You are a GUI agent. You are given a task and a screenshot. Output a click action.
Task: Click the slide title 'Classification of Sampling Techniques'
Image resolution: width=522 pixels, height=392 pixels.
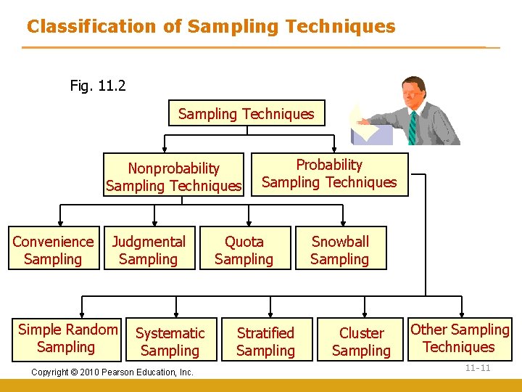(x=211, y=27)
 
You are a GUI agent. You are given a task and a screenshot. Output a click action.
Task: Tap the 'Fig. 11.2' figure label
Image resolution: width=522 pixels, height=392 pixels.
(x=98, y=86)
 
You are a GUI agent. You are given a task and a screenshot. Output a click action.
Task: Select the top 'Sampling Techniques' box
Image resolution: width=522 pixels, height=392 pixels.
(x=246, y=113)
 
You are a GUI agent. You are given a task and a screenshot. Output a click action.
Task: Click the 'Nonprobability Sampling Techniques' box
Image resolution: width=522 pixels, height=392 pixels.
(x=174, y=176)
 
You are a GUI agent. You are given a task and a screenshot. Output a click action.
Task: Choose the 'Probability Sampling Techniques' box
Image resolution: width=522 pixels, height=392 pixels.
(x=329, y=173)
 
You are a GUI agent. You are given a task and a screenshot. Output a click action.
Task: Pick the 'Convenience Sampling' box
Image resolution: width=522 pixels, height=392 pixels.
(x=53, y=250)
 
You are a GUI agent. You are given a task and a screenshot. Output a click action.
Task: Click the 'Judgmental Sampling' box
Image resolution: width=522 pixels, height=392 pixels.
(x=149, y=250)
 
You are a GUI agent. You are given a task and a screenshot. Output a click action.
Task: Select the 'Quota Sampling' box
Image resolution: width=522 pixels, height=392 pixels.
(x=244, y=250)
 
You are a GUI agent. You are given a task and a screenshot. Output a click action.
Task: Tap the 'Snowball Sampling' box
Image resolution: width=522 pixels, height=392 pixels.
(x=340, y=250)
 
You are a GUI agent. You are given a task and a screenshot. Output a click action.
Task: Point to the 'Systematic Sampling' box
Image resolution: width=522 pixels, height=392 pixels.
(x=170, y=341)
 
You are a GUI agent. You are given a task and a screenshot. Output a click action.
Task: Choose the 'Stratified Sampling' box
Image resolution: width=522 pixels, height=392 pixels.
(x=265, y=341)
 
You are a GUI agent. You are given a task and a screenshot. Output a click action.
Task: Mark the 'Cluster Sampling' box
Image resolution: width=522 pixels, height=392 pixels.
(x=361, y=341)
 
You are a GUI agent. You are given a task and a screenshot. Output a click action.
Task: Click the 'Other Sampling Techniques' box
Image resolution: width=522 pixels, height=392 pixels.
(x=460, y=338)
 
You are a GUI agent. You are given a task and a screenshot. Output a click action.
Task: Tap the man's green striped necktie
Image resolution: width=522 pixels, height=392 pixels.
(x=413, y=126)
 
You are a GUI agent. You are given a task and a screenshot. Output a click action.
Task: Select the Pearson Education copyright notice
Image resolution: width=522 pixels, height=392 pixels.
(x=112, y=372)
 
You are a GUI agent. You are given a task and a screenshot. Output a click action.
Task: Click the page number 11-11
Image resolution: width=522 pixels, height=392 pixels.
(x=478, y=368)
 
